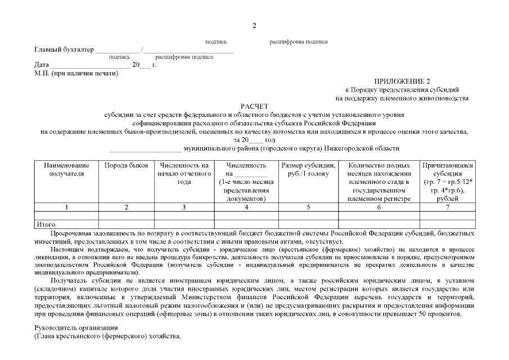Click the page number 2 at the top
(x=254, y=26)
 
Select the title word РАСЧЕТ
(x=254, y=106)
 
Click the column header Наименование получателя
(x=66, y=169)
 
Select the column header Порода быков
(x=127, y=165)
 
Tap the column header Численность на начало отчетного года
(x=184, y=174)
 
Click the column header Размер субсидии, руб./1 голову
(x=308, y=169)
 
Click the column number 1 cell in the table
(x=66, y=207)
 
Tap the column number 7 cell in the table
(x=447, y=207)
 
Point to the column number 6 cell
(x=379, y=207)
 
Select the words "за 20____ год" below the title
(x=254, y=139)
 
